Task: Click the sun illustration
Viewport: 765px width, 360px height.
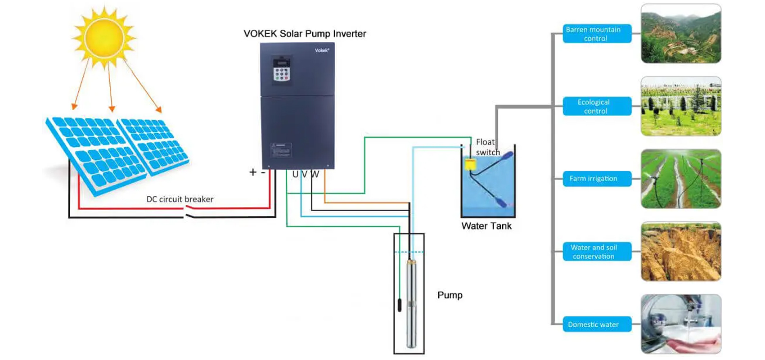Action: point(104,37)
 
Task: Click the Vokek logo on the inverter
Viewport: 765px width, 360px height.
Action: point(322,50)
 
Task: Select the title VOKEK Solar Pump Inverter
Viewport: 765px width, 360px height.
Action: point(305,34)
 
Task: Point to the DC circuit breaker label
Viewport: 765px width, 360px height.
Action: point(180,199)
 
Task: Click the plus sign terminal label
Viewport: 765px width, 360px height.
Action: point(253,172)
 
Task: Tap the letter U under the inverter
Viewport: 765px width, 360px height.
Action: point(295,174)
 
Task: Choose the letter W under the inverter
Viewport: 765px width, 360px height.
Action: point(315,174)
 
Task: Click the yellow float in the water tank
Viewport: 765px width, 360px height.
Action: point(470,164)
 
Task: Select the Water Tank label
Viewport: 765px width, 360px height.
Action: point(486,226)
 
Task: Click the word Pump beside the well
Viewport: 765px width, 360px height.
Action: point(450,295)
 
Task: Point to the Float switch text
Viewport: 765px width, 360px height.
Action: point(487,147)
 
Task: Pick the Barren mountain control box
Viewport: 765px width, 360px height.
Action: point(597,34)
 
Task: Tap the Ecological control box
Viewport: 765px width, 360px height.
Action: point(597,107)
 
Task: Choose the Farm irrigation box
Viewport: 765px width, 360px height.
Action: point(597,179)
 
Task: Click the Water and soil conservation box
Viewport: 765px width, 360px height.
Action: point(597,252)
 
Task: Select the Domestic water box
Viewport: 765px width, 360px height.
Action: point(597,324)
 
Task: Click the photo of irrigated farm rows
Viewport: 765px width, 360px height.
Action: point(681,179)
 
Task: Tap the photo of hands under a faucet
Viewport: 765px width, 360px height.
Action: point(681,324)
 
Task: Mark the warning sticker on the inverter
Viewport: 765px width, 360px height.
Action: point(281,150)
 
